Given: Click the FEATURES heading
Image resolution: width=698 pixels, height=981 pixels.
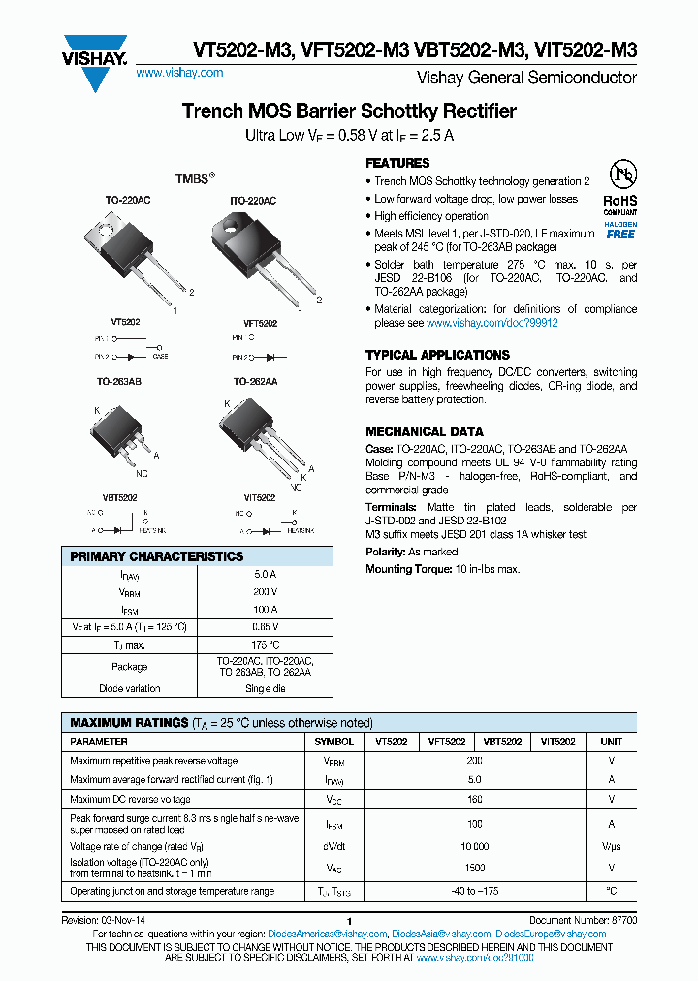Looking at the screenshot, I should pos(397,163).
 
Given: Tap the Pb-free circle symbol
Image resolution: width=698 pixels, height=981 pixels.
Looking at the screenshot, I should pos(621,174).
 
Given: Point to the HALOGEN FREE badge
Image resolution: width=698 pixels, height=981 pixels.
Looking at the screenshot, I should pos(620,230).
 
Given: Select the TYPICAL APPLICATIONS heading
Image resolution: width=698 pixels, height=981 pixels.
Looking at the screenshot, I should pos(437,355).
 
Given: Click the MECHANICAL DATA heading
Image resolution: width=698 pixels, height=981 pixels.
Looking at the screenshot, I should pos(425,431).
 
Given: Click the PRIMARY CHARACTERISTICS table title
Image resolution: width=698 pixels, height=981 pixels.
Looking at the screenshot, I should pos(157,556).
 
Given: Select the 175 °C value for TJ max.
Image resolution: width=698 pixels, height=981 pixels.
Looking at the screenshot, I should pos(265,645).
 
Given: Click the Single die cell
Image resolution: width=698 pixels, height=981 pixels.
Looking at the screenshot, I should pos(265,688).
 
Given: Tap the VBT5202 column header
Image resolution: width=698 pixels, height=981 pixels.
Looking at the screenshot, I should pos(502,742).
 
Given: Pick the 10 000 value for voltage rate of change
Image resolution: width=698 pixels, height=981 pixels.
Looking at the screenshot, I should pos(474,846).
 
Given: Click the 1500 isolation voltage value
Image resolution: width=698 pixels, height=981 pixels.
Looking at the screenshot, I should pos(474,868).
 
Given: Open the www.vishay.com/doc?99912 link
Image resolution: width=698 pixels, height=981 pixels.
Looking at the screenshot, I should pos(492,323).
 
